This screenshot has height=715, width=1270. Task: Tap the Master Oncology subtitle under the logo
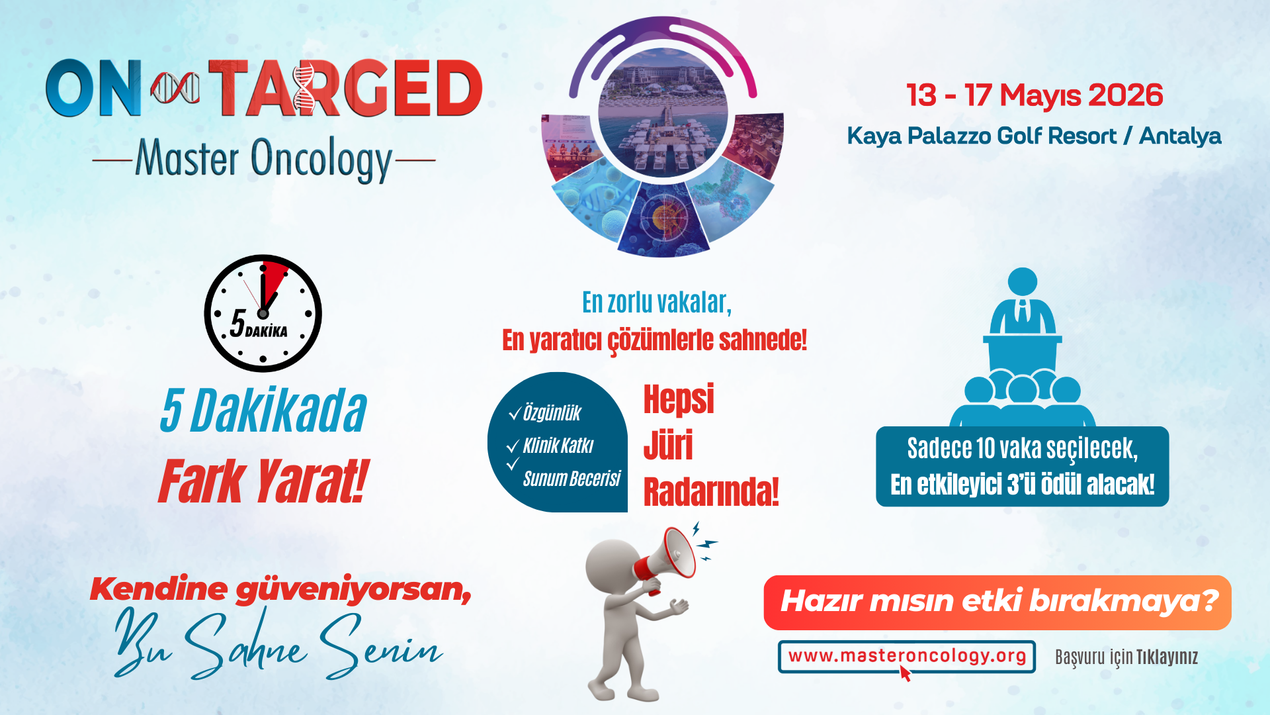264,160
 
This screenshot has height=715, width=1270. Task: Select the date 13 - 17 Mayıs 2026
1035,95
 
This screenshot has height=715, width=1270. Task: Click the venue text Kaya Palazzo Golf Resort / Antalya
1034,136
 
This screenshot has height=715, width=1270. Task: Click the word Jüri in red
668,445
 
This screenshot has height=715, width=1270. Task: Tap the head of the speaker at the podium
1023,282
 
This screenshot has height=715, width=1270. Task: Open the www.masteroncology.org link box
907,656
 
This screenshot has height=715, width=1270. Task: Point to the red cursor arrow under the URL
904,673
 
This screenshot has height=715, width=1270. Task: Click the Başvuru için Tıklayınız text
1126,657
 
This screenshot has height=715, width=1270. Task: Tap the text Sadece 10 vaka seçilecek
1023,449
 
